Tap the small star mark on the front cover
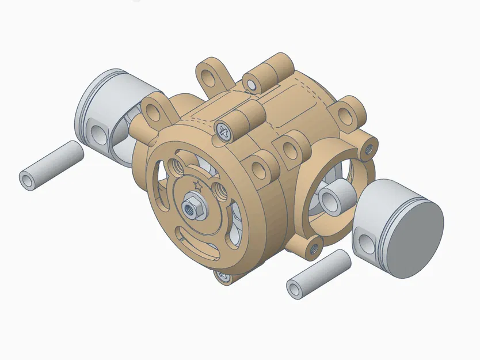pos(199,185)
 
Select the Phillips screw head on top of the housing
pos(224,131)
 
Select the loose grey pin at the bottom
pos(318,274)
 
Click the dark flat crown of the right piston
pos(416,237)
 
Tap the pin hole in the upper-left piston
pos(99,134)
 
